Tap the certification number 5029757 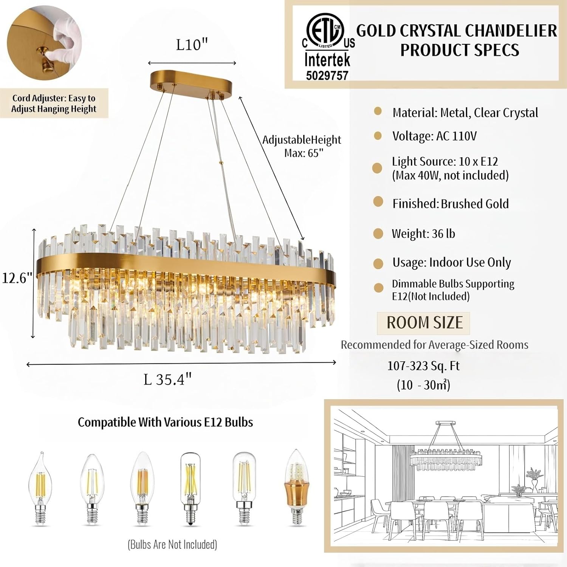point(327,75)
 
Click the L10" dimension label point(192,45)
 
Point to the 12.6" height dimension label point(17,278)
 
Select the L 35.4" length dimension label point(168,379)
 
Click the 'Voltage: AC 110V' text point(434,136)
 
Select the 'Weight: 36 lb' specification point(423,234)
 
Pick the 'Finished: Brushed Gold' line point(450,204)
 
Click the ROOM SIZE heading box point(423,323)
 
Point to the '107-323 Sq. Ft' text point(423,366)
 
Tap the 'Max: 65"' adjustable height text point(304,153)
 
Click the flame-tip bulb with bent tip point(40,488)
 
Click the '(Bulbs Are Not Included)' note point(172,544)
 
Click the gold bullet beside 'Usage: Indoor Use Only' point(378,263)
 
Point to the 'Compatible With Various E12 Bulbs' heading point(165,422)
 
